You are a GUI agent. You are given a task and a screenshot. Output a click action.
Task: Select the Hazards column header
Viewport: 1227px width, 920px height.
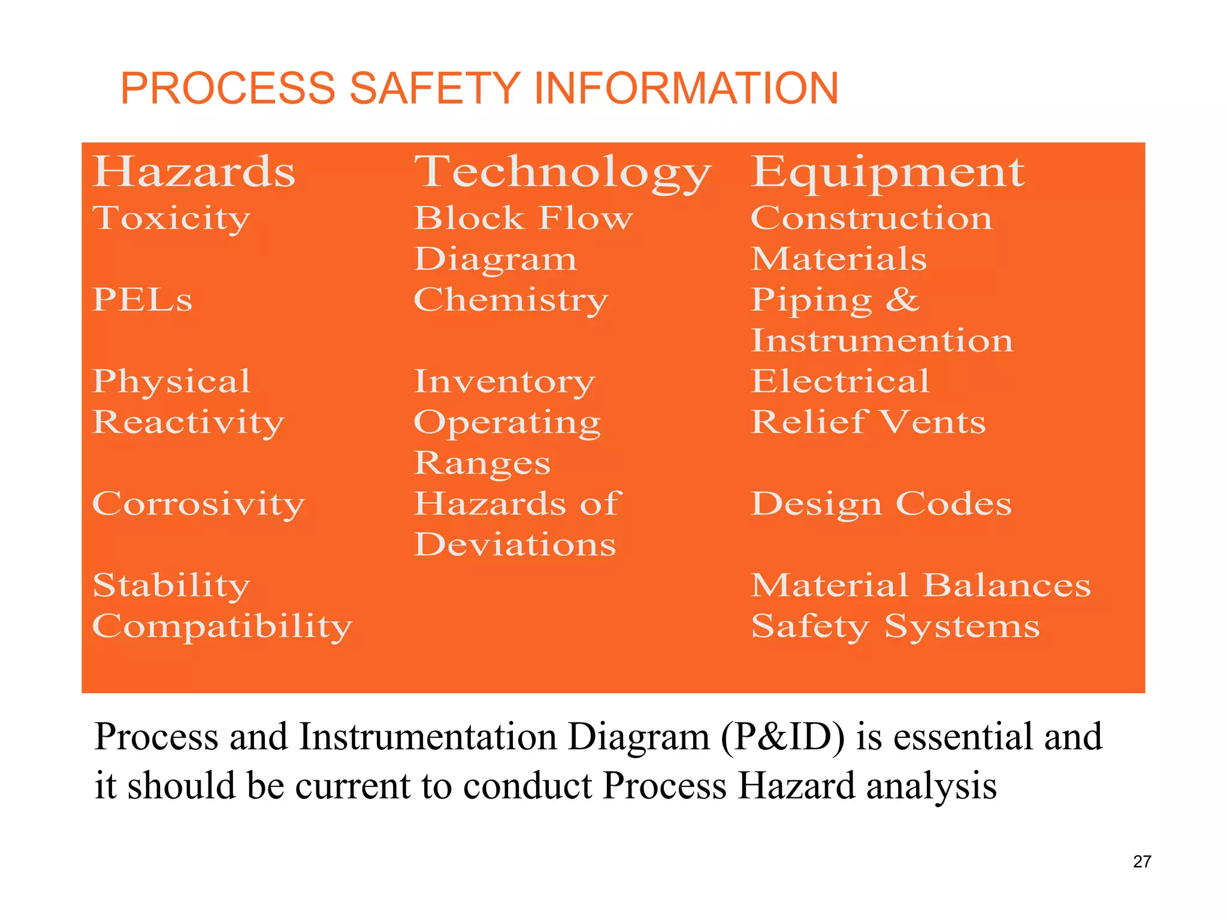(x=194, y=172)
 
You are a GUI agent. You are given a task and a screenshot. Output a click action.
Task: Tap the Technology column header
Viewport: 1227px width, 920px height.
(x=562, y=173)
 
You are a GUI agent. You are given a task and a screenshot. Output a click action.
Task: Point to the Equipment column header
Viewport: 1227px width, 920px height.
(x=887, y=173)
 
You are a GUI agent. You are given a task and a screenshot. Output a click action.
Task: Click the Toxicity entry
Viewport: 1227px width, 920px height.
(x=171, y=219)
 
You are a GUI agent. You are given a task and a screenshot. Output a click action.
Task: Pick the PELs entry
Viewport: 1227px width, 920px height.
(x=142, y=299)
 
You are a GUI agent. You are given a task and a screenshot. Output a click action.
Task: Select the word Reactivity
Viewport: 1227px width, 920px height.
(x=188, y=422)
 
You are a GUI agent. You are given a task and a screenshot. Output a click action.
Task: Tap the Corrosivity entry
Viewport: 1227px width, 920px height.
(x=198, y=504)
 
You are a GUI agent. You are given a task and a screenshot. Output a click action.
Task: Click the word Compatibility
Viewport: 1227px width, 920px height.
(x=222, y=627)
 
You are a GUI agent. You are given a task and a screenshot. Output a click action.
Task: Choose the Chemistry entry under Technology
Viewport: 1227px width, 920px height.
(x=510, y=300)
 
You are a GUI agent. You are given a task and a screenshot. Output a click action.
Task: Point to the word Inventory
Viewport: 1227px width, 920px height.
(x=504, y=382)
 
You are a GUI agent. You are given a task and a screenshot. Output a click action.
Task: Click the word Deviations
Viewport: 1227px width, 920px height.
(x=515, y=544)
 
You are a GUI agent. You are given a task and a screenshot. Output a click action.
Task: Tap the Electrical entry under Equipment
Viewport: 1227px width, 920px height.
(x=840, y=381)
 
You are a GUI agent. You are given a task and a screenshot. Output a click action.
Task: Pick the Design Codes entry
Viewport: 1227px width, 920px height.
(x=881, y=504)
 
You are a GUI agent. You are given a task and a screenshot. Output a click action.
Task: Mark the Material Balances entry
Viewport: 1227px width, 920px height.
(x=921, y=585)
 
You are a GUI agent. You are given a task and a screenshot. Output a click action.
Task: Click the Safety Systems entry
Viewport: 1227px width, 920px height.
(x=895, y=627)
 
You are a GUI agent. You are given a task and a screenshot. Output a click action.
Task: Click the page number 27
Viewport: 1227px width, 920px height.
(x=1142, y=861)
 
